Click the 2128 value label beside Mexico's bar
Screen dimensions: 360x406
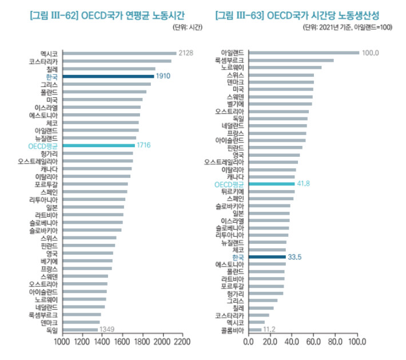[186, 53]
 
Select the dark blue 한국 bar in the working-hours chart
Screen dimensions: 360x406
[108, 76]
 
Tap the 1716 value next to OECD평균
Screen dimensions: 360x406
[143, 146]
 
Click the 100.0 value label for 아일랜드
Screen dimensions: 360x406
[371, 53]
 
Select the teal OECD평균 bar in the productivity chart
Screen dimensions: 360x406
[272, 184]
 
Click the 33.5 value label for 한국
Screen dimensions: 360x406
[294, 257]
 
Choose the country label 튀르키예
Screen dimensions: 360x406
[232, 191]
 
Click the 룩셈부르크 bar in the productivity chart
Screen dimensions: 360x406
[290, 60]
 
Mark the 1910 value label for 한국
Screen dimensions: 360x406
[164, 76]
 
